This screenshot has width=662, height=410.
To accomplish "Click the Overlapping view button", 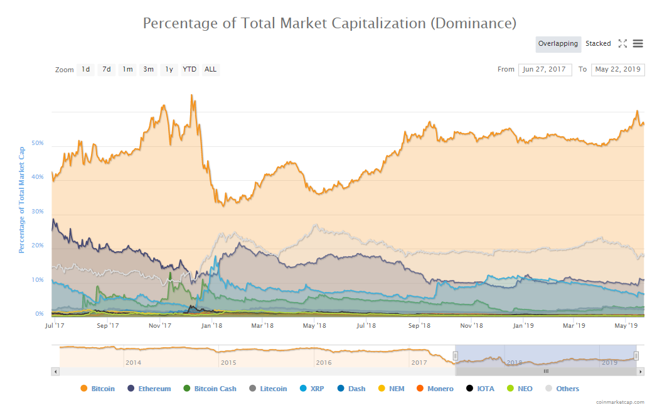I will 558,44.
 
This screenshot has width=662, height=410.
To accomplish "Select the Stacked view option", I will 598,44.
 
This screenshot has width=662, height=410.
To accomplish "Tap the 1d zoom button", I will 85,70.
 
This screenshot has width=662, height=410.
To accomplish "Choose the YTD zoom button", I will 190,70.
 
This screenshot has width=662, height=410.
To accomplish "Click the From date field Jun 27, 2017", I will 545,70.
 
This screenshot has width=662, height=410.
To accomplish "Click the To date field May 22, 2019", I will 617,70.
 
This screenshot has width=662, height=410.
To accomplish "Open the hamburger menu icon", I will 638,44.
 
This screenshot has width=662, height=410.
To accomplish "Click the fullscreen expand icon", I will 622,44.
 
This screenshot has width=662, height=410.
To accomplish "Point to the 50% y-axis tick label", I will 38,143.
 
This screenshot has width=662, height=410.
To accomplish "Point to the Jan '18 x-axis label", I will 211,325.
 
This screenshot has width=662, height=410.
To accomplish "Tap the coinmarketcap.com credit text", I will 619,401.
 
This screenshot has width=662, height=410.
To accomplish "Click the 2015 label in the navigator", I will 228,362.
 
